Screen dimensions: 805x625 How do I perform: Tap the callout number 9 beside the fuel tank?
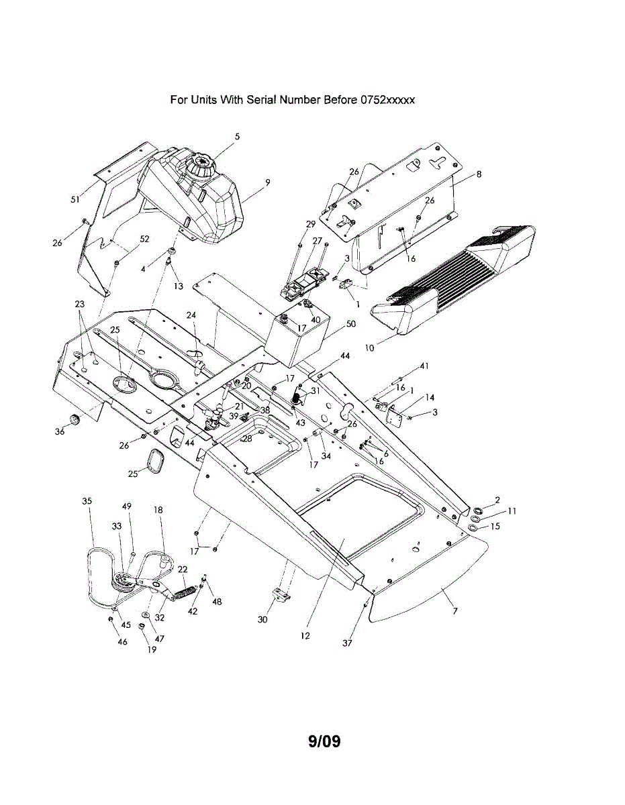(267, 182)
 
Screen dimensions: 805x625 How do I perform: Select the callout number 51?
(75, 199)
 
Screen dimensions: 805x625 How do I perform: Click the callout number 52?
(144, 239)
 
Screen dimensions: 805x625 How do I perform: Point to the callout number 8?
(479, 174)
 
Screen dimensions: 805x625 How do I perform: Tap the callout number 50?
(350, 324)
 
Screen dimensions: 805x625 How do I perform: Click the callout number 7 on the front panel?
(456, 610)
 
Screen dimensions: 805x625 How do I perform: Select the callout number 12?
(305, 635)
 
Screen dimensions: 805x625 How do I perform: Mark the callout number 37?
(347, 643)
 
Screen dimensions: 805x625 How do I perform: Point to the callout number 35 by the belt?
(87, 501)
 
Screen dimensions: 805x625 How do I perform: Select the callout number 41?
(424, 366)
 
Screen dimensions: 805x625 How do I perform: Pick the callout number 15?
(495, 527)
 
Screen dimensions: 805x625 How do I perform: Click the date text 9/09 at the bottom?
(325, 741)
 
